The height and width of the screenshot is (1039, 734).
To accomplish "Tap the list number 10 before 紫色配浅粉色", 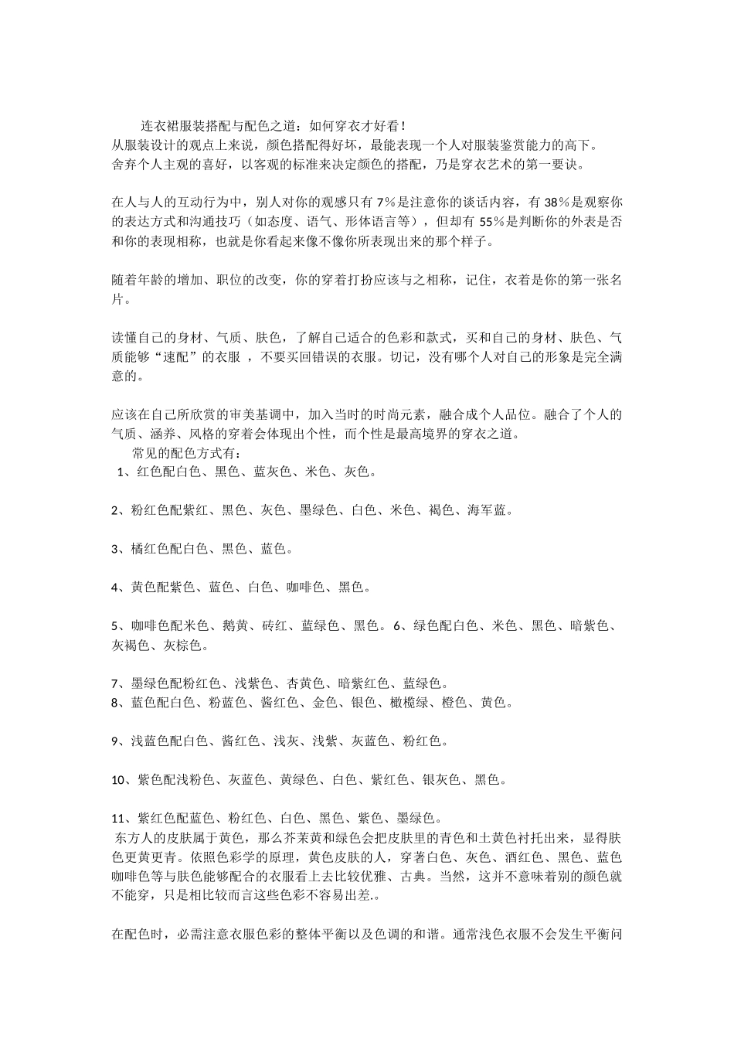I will click(x=119, y=780).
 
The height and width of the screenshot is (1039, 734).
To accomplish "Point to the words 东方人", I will click(x=134, y=838).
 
